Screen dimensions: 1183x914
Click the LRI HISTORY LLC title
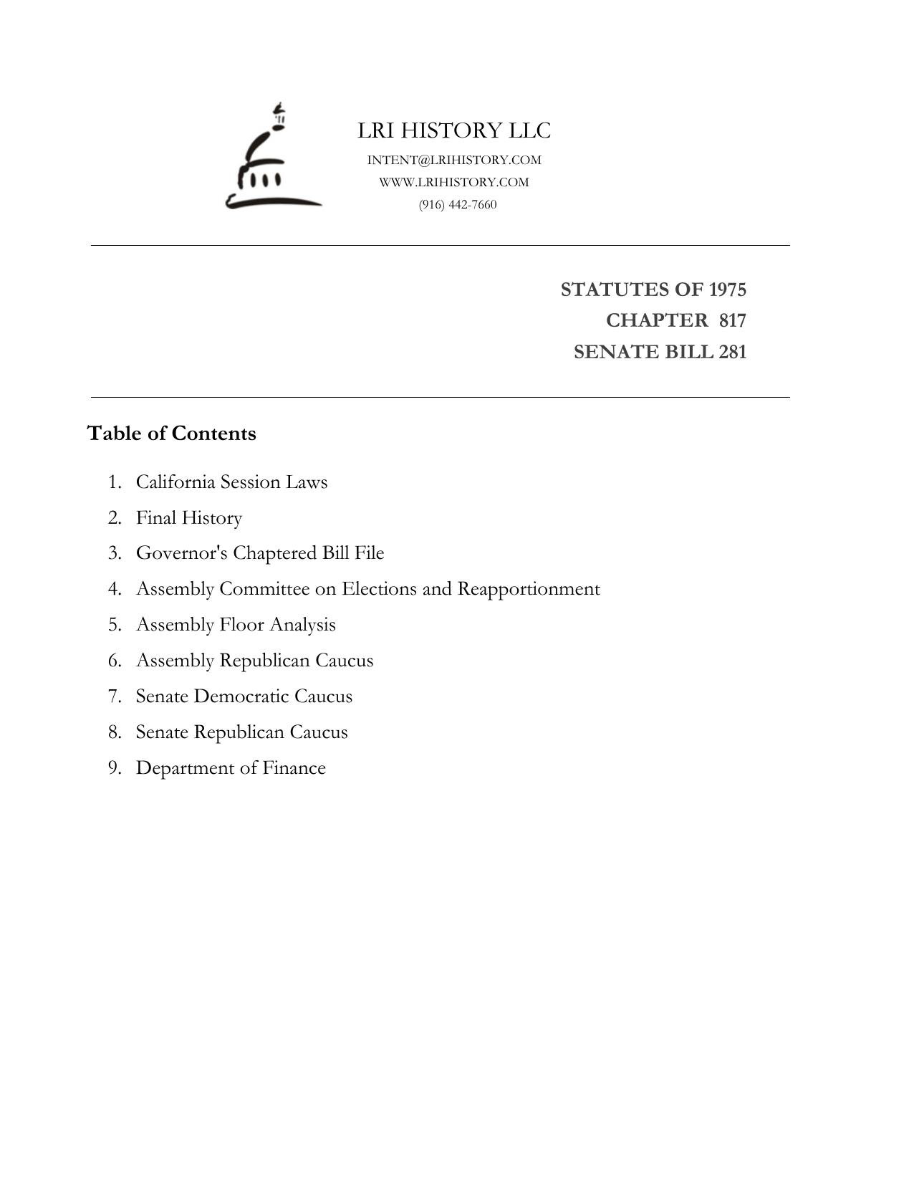click(454, 130)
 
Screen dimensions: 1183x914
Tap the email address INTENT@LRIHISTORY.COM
click(454, 160)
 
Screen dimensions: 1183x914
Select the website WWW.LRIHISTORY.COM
click(454, 182)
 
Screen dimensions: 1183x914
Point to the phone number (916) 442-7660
click(458, 205)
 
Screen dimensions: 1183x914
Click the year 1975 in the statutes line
click(727, 289)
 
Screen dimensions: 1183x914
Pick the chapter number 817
click(733, 320)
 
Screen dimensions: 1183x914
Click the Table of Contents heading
click(172, 434)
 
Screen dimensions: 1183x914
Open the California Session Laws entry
click(231, 482)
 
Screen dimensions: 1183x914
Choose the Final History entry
click(189, 517)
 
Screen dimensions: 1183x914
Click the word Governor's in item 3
click(181, 553)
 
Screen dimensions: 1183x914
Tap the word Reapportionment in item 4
click(529, 589)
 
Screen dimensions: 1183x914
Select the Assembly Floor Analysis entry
click(236, 625)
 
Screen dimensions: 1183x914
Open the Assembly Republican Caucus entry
click(254, 661)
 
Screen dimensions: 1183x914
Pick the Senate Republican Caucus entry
click(241, 732)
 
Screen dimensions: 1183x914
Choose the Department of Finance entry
click(231, 768)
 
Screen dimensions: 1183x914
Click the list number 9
click(115, 768)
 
